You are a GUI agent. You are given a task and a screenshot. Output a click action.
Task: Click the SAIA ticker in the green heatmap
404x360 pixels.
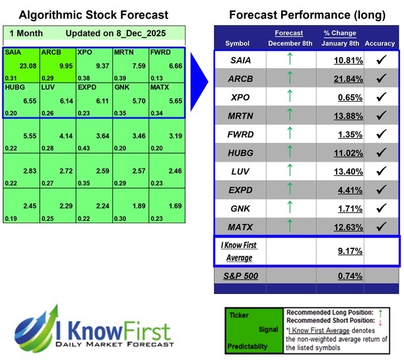pos(13,52)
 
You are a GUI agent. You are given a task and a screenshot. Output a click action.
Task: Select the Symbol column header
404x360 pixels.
pos(238,44)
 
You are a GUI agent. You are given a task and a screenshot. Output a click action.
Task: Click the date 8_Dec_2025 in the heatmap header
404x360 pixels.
pos(138,33)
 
